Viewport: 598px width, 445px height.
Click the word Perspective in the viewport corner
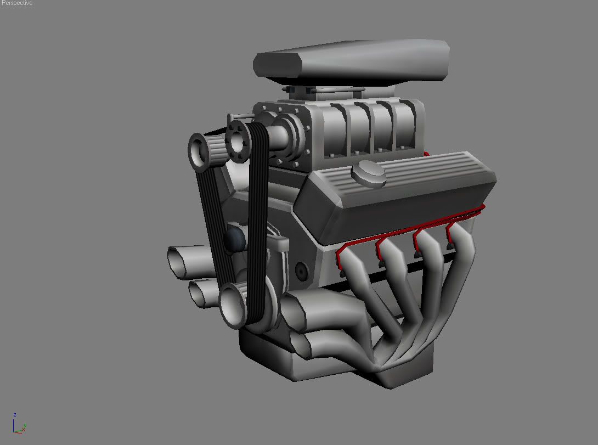coord(16,3)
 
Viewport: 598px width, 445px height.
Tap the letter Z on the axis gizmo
coord(15,415)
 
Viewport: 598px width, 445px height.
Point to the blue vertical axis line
coord(15,424)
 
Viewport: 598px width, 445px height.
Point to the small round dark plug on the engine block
coord(301,271)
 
